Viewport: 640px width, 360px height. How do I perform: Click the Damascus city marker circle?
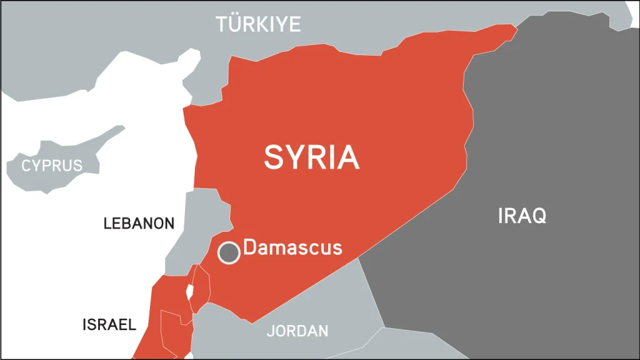(229, 252)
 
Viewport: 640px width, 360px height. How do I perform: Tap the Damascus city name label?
(292, 247)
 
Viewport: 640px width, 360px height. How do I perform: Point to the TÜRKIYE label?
(258, 24)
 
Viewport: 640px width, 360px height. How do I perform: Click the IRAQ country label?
(522, 216)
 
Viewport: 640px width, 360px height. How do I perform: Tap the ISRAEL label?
(109, 324)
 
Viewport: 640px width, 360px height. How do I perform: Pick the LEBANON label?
(139, 224)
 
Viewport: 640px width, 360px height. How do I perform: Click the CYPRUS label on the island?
(52, 166)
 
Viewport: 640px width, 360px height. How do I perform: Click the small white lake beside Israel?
(187, 291)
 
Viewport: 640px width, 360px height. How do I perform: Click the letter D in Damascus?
(249, 247)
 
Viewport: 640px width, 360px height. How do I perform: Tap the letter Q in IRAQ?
(537, 216)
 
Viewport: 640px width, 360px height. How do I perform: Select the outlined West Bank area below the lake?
(172, 325)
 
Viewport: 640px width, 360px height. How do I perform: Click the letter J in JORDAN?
(270, 331)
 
